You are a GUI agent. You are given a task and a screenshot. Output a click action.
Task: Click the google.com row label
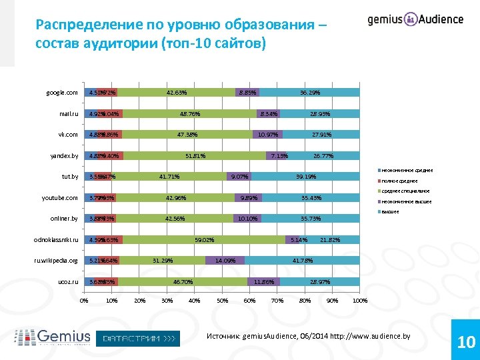pos(61,93)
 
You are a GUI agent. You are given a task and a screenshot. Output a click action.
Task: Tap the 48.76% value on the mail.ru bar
pos(190,114)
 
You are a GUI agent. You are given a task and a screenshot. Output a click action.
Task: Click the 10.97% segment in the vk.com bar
pos(268,135)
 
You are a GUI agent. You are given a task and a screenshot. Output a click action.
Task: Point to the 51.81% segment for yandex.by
pos(195,156)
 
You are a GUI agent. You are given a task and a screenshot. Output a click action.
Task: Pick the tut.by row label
pos(69,177)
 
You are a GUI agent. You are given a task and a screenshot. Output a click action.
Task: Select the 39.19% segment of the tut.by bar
pos(305,177)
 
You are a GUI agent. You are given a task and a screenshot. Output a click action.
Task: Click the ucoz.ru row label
pos(68,282)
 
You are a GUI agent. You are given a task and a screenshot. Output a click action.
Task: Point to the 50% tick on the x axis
pos(222,301)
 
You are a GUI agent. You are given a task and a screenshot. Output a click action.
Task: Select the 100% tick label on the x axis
pos(360,301)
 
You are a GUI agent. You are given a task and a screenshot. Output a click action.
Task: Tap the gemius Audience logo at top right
pos(415,19)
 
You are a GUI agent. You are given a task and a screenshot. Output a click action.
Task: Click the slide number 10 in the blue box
pos(466,343)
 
